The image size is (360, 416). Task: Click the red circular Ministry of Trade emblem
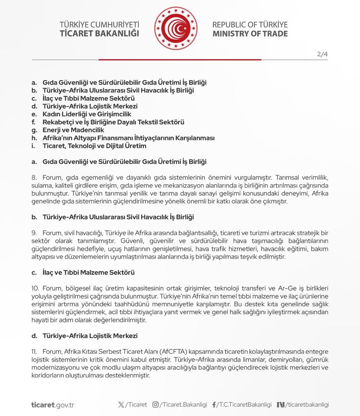coord(176,29)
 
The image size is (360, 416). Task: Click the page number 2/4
coord(322,54)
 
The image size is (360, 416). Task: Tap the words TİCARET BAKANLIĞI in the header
coord(99,33)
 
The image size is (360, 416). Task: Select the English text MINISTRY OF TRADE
coord(250,34)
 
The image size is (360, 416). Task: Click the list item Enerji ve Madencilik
coord(73,130)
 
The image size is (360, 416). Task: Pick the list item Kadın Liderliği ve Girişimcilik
coord(87,114)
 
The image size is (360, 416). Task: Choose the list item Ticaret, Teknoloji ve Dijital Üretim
coord(94,146)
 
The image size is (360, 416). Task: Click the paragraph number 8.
coord(34,178)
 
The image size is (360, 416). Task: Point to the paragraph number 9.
coord(34,233)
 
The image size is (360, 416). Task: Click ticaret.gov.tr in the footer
coord(53,405)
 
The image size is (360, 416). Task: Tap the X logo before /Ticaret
coord(121,405)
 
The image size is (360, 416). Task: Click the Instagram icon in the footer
coord(156,405)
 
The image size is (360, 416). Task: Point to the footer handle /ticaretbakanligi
coord(307,405)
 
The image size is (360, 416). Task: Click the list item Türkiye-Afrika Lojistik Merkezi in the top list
coord(90,106)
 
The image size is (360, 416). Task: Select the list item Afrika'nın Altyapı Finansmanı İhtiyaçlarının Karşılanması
coord(128,138)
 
